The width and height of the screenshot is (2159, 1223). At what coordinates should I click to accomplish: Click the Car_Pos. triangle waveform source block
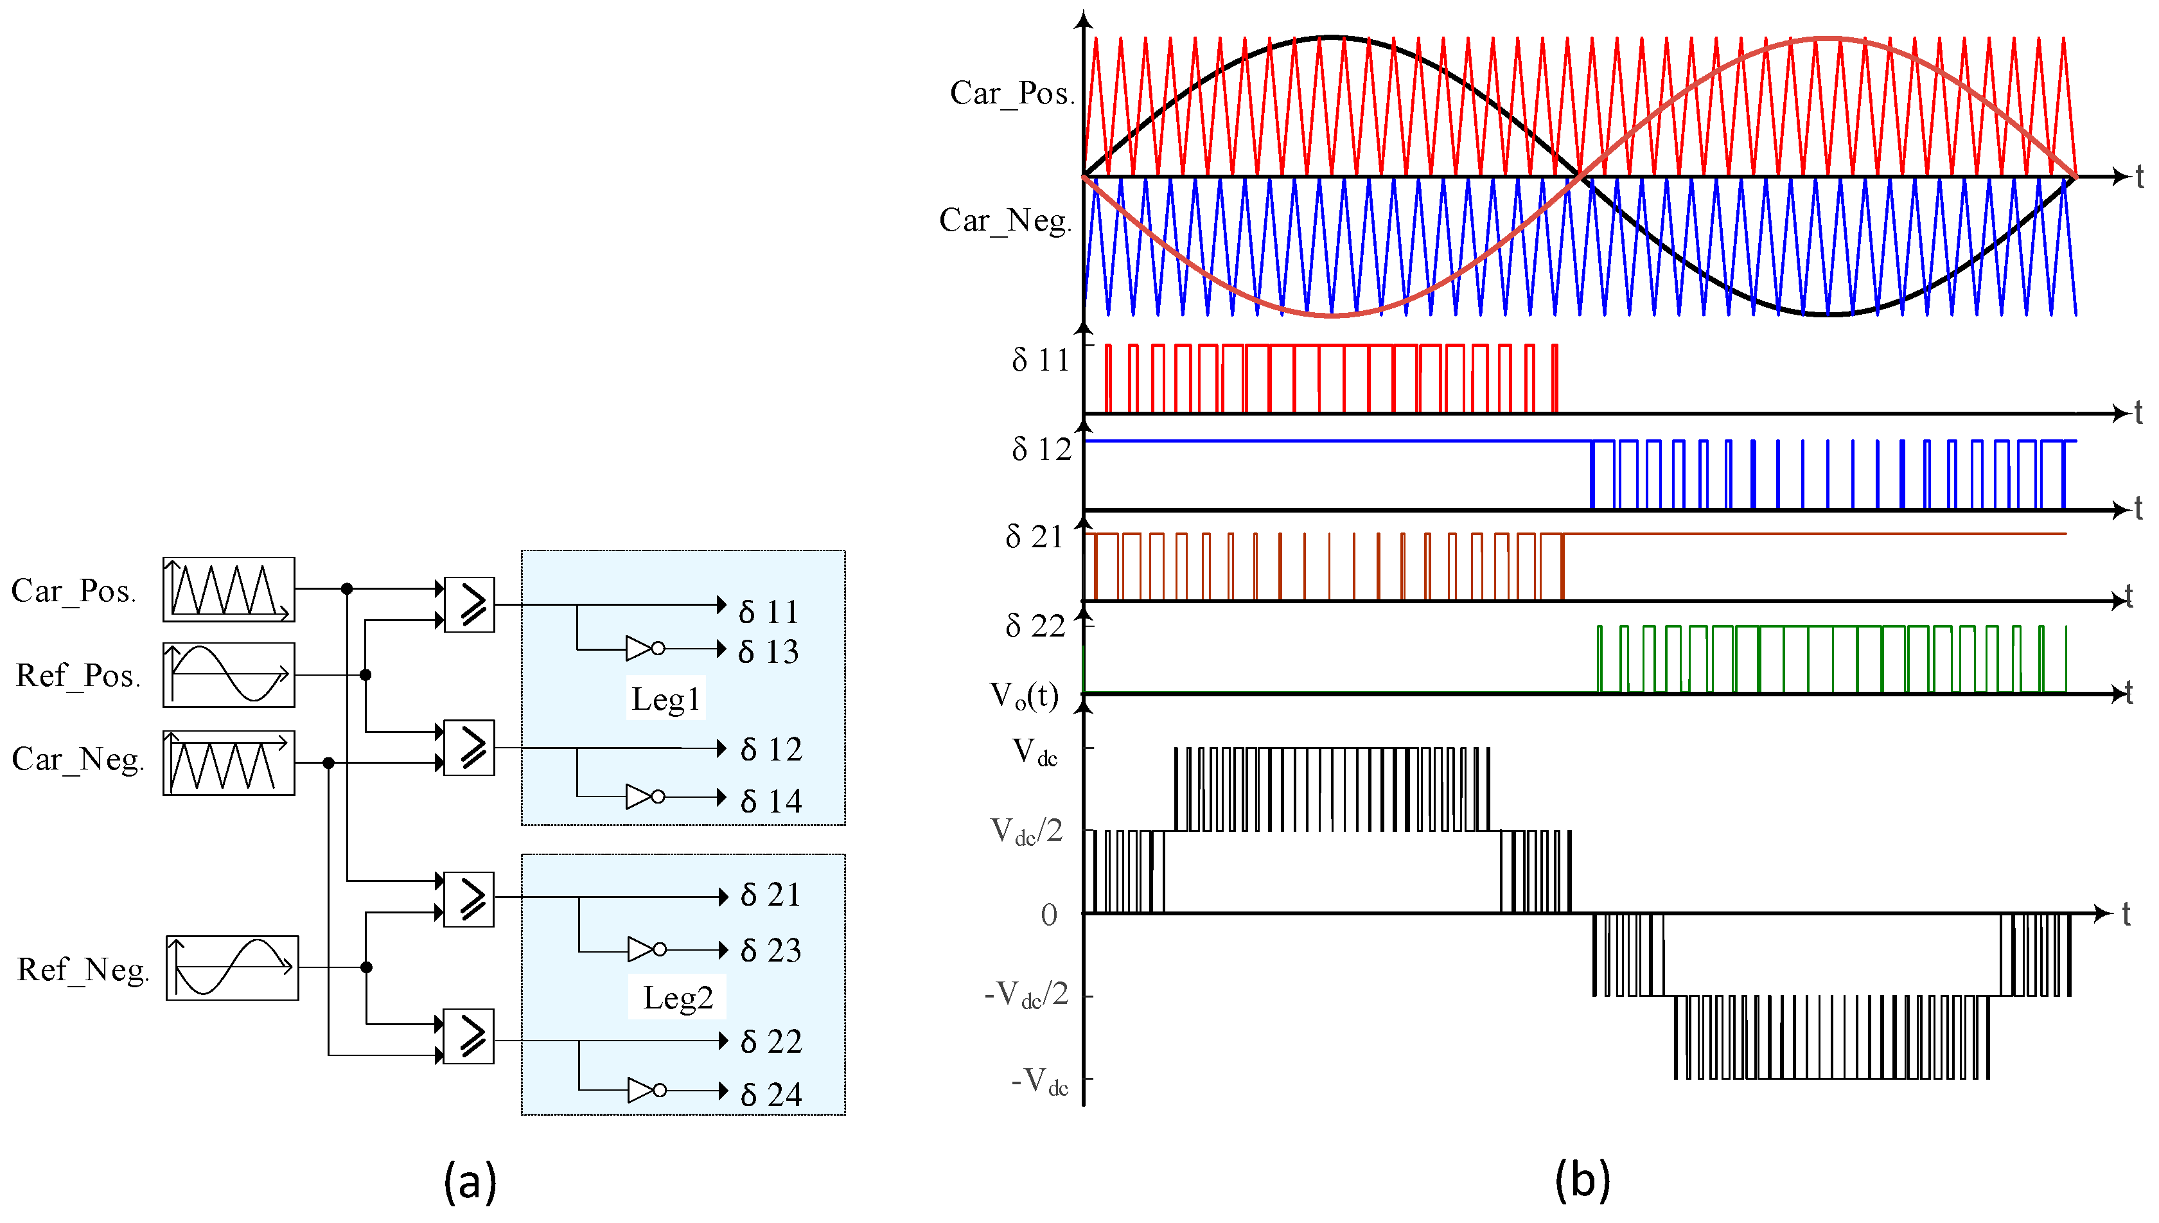click(229, 590)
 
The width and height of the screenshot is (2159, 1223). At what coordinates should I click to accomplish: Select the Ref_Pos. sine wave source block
click(229, 674)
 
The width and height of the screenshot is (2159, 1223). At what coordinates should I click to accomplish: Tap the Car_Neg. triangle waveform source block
click(229, 762)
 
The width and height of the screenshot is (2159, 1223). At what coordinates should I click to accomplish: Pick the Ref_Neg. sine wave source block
click(232, 967)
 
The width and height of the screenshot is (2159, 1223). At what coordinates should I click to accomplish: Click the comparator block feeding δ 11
click(468, 604)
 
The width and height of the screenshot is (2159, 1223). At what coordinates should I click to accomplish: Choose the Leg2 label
click(678, 997)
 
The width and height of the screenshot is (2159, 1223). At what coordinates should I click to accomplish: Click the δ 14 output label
click(771, 800)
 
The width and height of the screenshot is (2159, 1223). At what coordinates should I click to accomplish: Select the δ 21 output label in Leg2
click(771, 895)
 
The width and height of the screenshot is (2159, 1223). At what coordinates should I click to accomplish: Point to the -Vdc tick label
click(1039, 1080)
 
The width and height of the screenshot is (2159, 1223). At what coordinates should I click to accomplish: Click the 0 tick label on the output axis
click(1049, 915)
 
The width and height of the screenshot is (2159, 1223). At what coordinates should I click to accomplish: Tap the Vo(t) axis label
click(1024, 696)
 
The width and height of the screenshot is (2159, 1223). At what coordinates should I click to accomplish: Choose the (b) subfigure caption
click(1582, 1179)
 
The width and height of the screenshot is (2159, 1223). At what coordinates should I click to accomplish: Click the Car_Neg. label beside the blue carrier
click(1005, 220)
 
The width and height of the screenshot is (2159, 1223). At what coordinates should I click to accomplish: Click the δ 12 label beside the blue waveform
click(1041, 450)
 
